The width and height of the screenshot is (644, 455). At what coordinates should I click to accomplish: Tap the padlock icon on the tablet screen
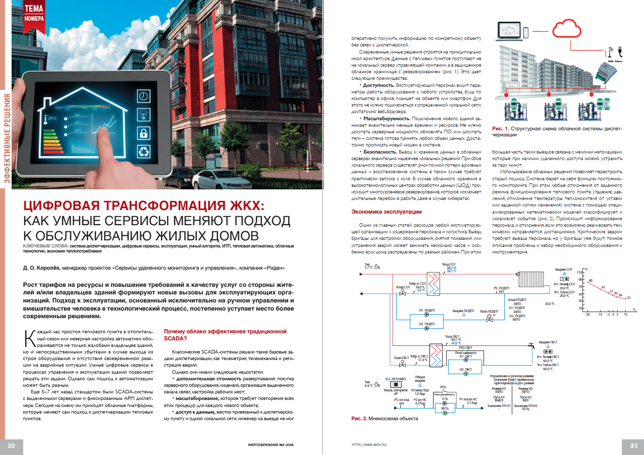point(144,133)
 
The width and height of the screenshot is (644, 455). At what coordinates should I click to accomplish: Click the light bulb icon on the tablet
point(144,114)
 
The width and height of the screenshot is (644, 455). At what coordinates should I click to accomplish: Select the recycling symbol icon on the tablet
point(144,152)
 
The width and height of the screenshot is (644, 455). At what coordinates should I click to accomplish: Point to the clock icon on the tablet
point(144,95)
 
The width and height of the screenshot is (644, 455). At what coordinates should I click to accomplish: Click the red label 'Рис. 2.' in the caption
point(360,419)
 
